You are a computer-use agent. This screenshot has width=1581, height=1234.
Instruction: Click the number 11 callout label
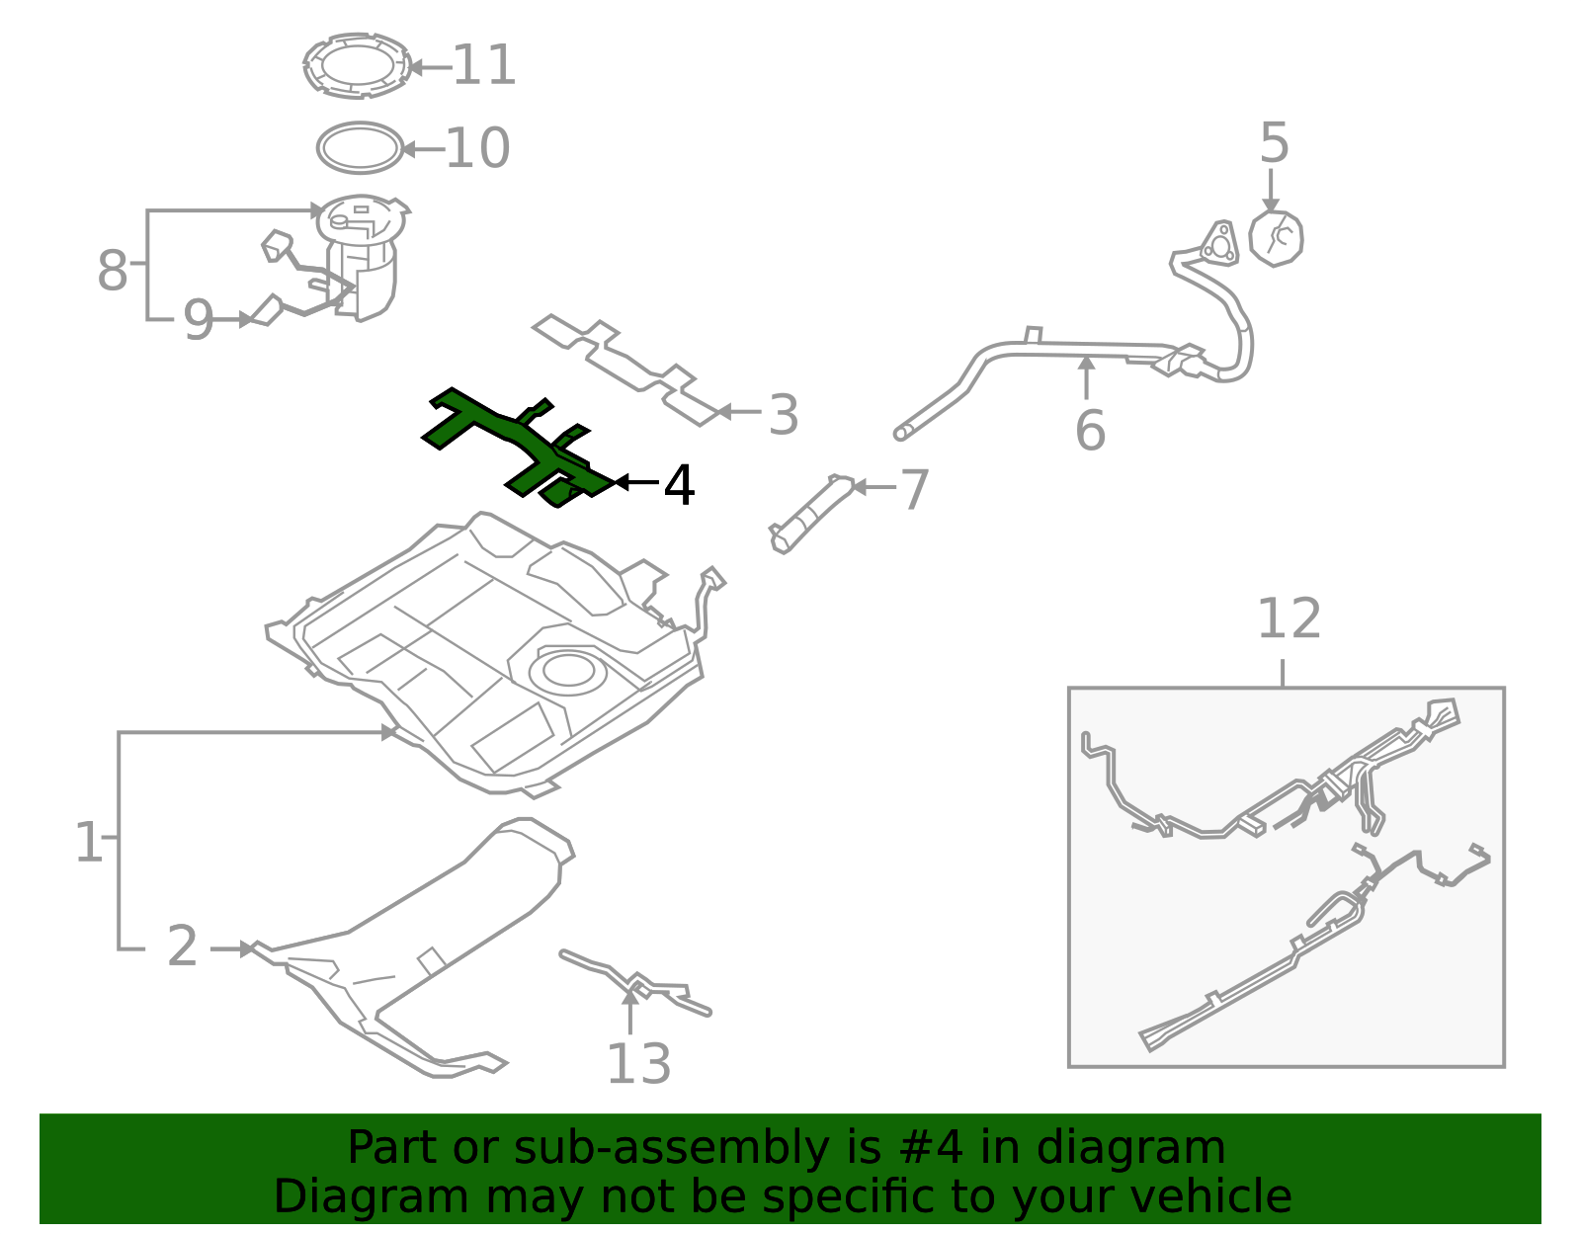point(484,65)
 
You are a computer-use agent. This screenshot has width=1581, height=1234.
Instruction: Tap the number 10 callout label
point(477,148)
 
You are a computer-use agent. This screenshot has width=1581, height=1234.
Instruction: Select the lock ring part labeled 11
point(357,66)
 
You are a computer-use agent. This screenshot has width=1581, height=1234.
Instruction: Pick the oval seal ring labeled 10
point(360,147)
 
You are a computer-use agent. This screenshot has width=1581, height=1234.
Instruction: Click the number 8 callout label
point(113,271)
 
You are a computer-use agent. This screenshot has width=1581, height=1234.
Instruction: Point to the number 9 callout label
point(198,319)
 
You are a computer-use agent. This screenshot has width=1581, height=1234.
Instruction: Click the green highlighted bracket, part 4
point(518,447)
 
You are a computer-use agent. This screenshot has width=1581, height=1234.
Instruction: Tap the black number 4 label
point(680,485)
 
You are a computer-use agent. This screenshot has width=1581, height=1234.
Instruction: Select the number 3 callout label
point(784,415)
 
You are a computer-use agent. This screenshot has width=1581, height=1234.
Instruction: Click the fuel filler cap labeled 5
point(1276,238)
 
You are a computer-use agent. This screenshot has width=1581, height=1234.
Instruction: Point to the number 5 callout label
point(1274,143)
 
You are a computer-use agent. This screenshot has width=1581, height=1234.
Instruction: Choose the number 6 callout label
point(1090,431)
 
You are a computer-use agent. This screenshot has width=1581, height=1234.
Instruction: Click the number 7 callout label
point(915,489)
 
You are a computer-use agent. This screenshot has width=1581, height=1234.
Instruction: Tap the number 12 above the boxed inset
point(1289,618)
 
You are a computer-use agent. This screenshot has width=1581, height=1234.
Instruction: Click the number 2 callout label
point(182,946)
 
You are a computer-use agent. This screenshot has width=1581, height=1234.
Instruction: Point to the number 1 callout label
point(89,842)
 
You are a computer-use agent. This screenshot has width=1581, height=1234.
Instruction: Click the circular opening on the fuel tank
point(568,671)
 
